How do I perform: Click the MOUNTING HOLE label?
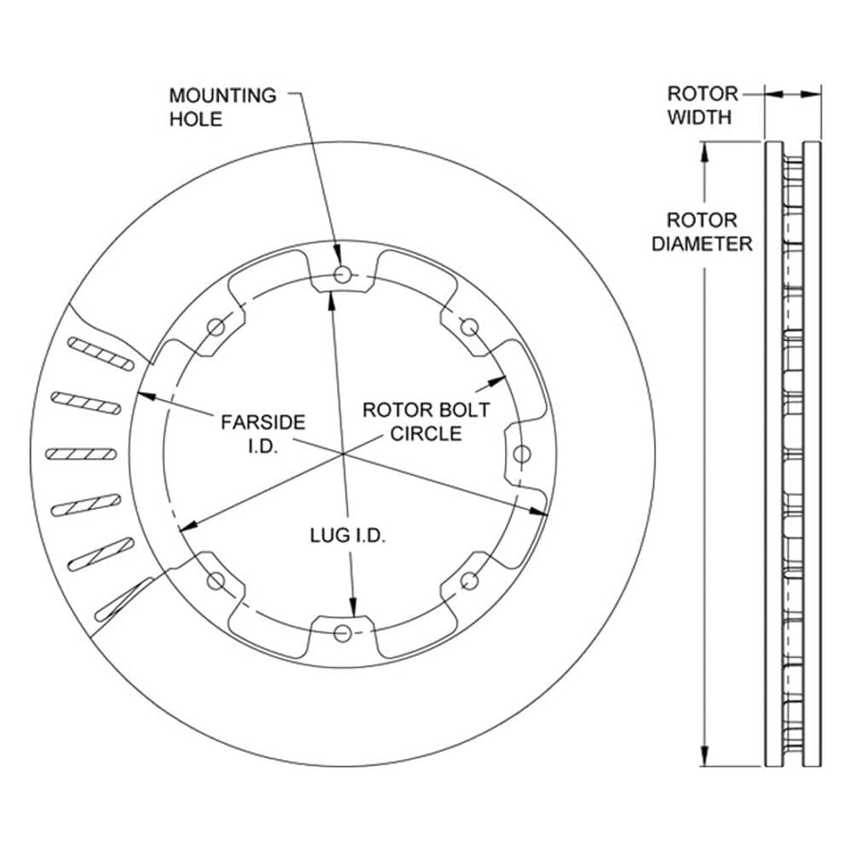(223, 107)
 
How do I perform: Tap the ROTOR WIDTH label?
(701, 105)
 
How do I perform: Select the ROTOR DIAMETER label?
(701, 232)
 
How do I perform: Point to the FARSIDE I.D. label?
(263, 433)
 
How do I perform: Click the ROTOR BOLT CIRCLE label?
(426, 422)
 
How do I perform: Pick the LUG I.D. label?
(348, 535)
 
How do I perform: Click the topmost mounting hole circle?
(342, 274)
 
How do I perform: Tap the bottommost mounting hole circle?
(342, 633)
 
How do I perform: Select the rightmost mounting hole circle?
(522, 454)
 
